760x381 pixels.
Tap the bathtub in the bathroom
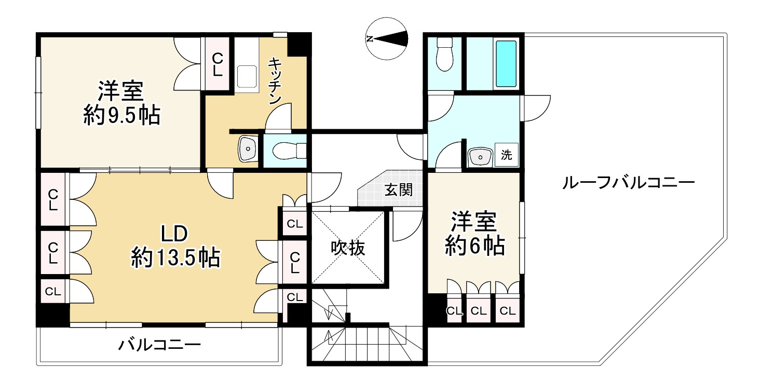(x=506, y=64)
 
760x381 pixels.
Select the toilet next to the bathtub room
(x=444, y=55)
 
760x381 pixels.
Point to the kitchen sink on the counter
(x=248, y=77)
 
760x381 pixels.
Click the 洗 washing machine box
(x=506, y=154)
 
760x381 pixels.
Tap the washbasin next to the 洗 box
(x=480, y=156)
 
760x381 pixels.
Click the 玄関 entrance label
(x=399, y=189)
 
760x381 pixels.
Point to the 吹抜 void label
(x=348, y=248)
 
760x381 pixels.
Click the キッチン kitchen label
(x=275, y=81)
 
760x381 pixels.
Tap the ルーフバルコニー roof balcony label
(x=628, y=183)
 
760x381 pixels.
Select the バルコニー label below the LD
(x=159, y=345)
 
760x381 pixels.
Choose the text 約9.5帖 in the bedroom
(x=121, y=116)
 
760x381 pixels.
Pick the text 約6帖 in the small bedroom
(x=474, y=246)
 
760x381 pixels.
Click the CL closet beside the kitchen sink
(x=218, y=64)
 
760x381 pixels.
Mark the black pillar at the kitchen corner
(x=299, y=44)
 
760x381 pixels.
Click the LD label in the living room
(x=173, y=234)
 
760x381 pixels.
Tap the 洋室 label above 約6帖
(x=473, y=222)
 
